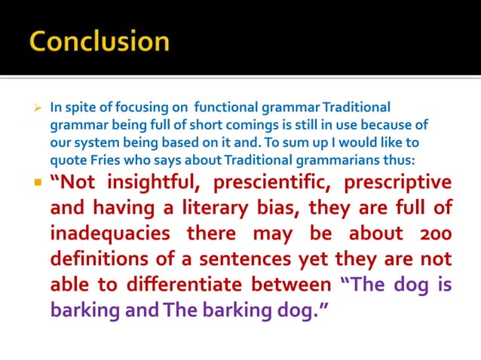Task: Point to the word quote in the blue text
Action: click(67, 159)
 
